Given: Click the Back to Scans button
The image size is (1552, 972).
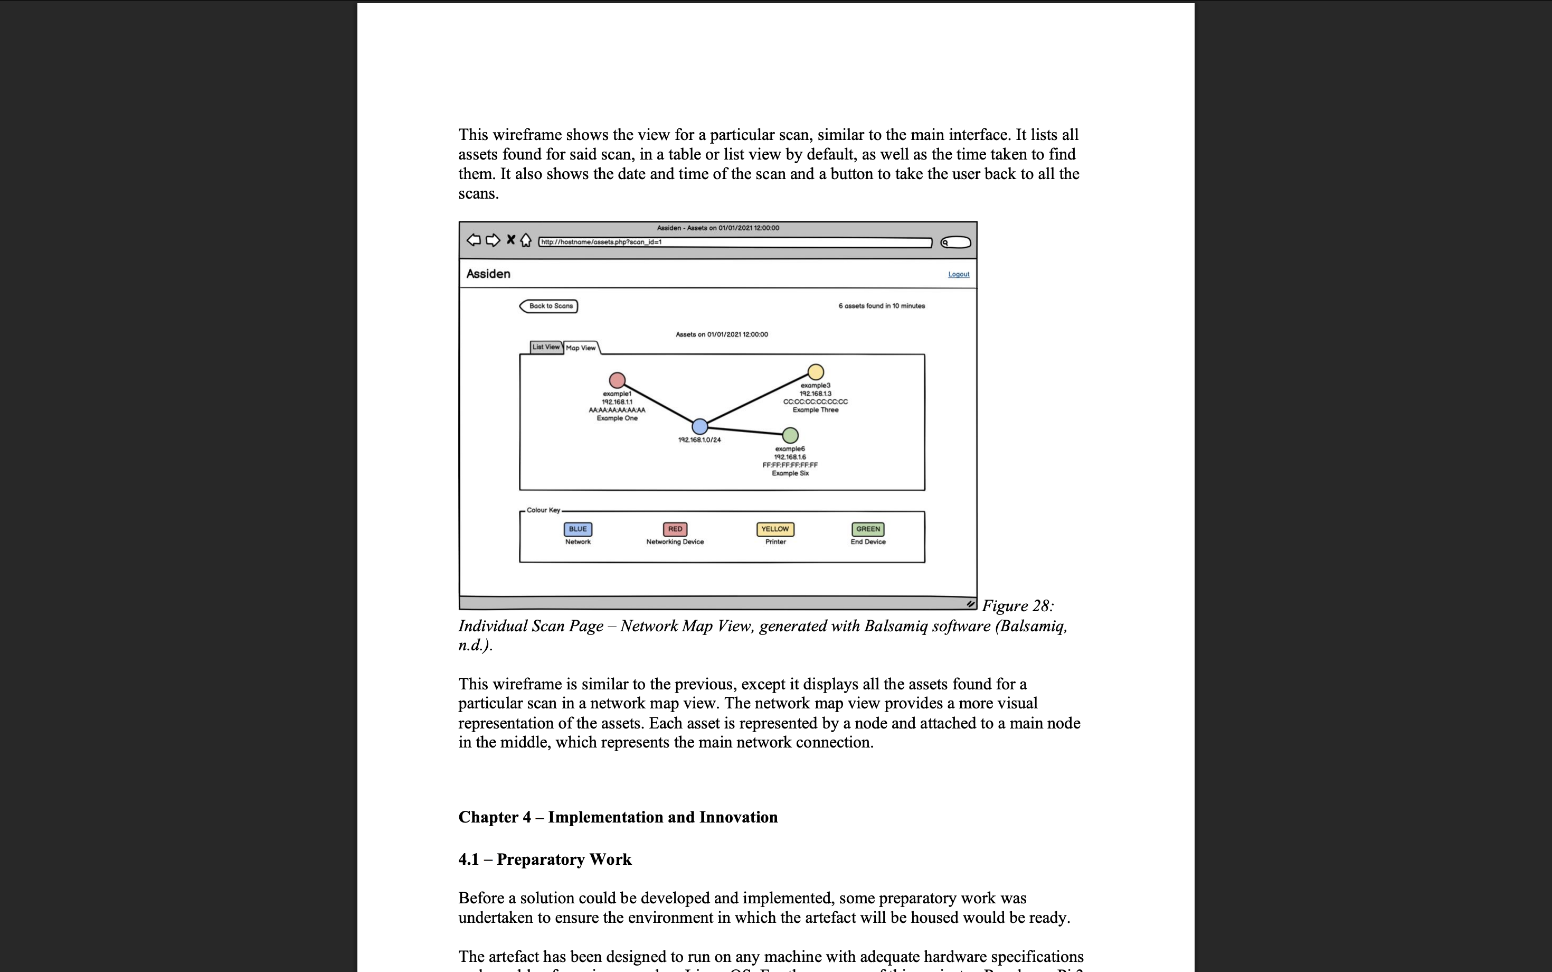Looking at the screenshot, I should (548, 306).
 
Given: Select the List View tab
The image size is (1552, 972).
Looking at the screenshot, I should (546, 347).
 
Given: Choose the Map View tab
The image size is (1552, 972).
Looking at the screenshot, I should (581, 348).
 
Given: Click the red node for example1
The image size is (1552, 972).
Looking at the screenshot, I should (617, 380).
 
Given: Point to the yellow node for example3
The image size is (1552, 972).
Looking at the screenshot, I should (815, 371).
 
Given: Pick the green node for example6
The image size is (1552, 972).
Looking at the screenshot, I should (790, 435).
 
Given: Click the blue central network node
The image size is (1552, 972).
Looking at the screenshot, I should (699, 426).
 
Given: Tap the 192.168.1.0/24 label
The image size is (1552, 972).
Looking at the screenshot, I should (699, 440).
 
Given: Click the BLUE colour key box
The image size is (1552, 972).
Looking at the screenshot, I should (578, 529).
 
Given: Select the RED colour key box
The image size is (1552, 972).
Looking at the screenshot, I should (675, 529).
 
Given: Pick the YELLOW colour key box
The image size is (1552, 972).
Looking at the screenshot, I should (775, 529).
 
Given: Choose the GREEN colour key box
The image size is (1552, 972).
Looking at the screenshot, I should (868, 529).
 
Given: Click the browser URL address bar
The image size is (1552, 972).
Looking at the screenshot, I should (735, 242).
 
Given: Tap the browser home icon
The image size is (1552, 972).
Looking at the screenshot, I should (525, 240).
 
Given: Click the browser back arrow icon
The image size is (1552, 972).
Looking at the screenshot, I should (474, 240).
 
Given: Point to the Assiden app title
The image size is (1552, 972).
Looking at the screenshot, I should (488, 274).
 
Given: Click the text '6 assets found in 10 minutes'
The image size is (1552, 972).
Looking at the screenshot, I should (882, 306).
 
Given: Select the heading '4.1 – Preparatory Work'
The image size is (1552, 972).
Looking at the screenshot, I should (545, 859).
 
